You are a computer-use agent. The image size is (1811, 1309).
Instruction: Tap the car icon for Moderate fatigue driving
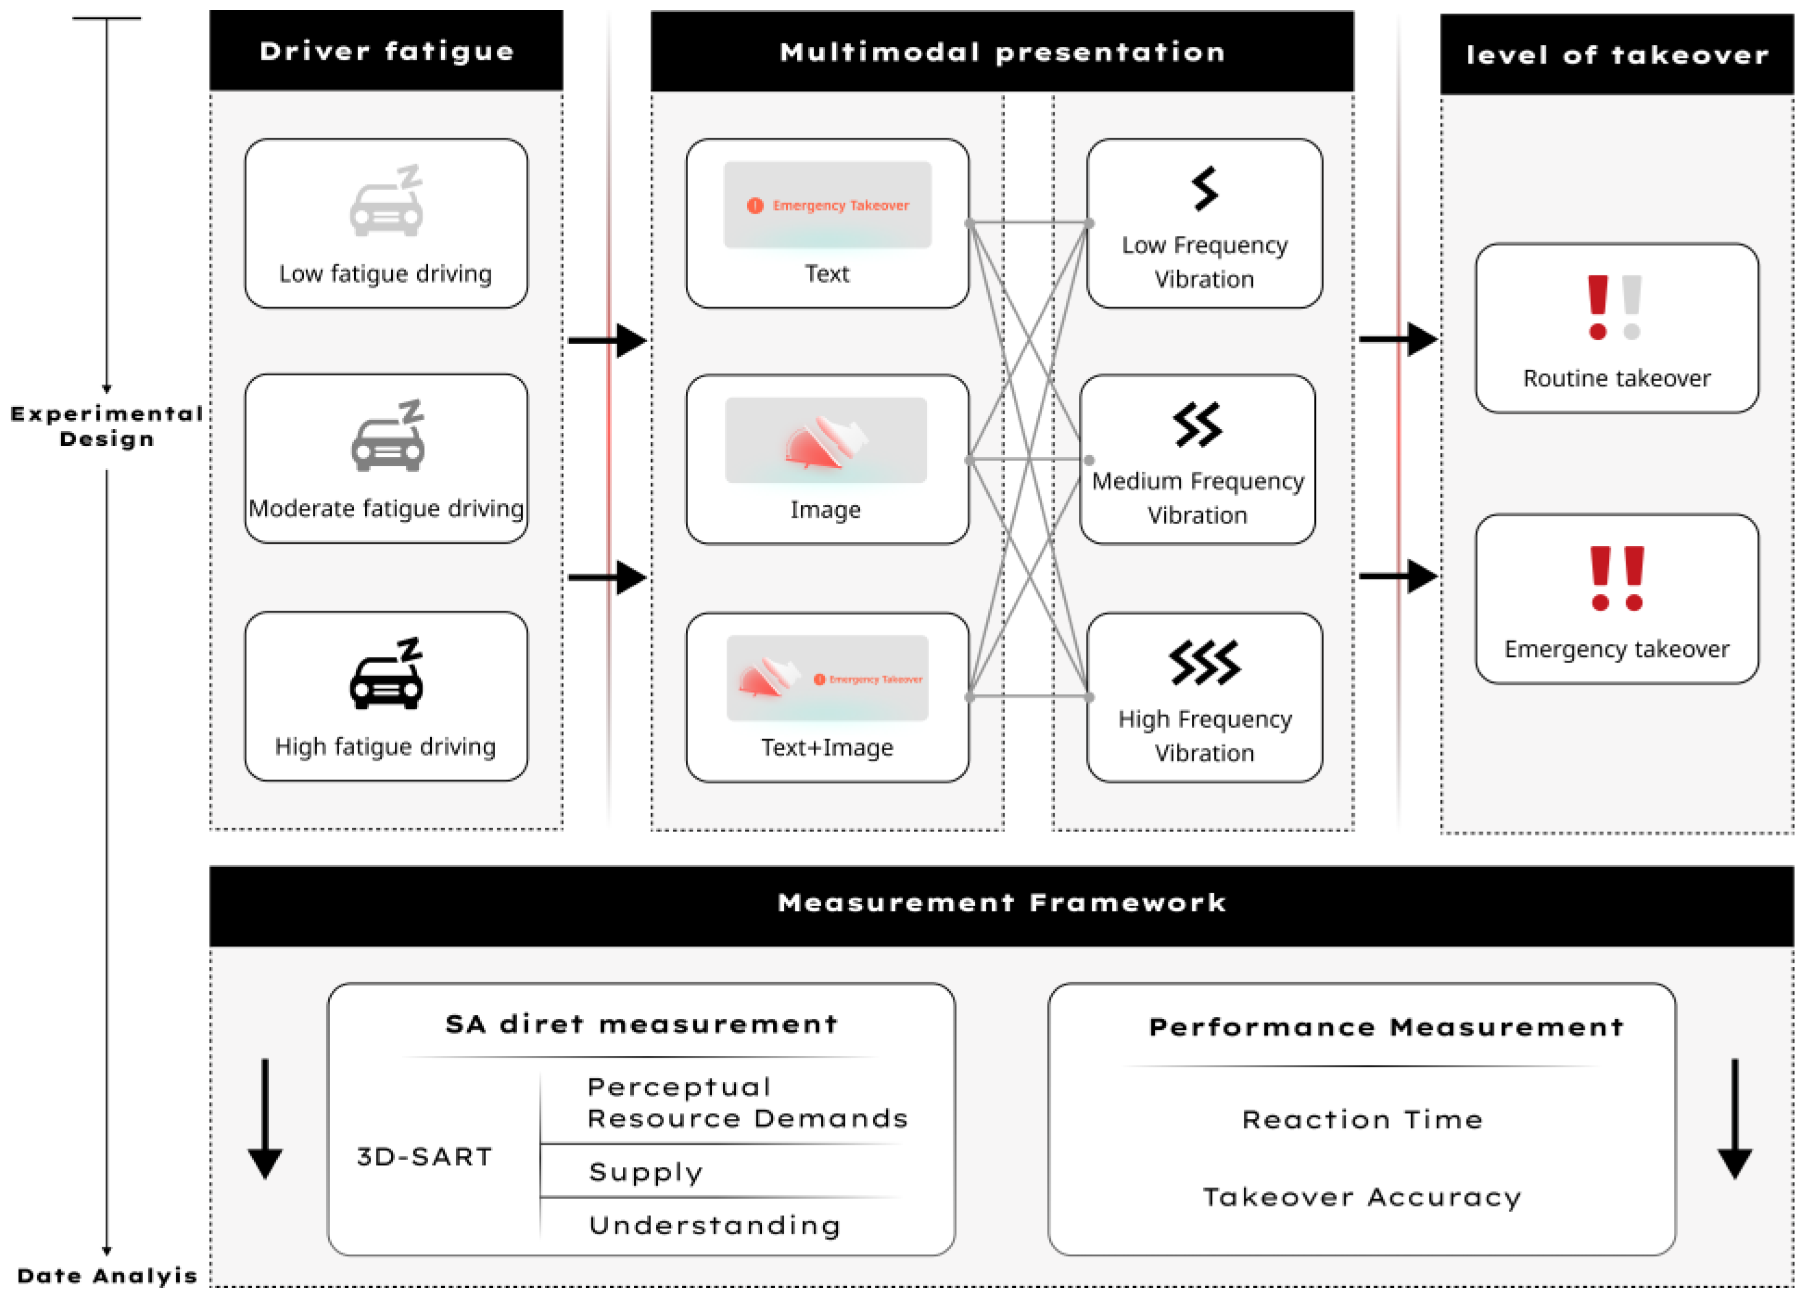[388, 436]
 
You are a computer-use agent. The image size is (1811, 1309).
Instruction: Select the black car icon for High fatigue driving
[386, 674]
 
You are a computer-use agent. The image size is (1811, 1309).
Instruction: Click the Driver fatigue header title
[386, 52]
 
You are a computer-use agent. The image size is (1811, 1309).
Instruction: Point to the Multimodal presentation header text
[1002, 52]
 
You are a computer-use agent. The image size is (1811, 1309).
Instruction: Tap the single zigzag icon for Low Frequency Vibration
[1204, 188]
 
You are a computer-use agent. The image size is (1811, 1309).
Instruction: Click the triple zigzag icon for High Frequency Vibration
[1204, 663]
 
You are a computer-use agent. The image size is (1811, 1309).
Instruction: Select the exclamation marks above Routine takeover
[1614, 307]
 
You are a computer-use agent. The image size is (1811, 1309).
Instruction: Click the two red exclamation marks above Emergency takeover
[1617, 579]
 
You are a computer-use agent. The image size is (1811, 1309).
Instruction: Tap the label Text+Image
[827, 748]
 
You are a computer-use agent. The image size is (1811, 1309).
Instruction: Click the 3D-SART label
[425, 1156]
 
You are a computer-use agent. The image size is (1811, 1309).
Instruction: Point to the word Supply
[646, 1173]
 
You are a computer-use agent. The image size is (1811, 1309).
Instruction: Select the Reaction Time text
[1362, 1120]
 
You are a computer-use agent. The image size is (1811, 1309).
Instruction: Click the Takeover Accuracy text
[1362, 1197]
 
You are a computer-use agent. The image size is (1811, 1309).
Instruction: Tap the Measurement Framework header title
[1002, 903]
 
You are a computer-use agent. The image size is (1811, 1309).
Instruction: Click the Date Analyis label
[107, 1276]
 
